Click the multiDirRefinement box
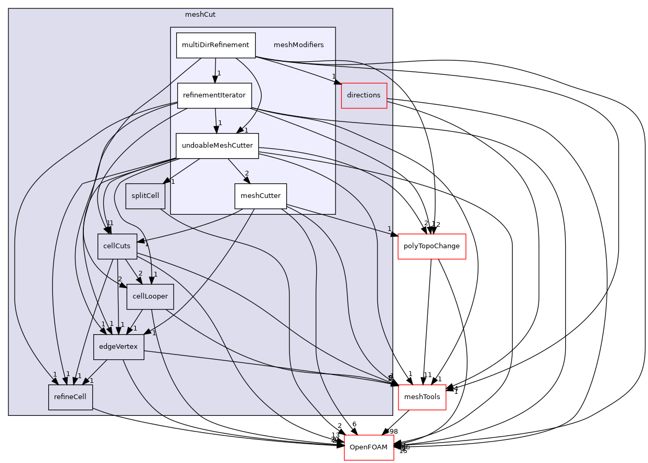coord(215,45)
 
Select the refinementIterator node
coord(214,95)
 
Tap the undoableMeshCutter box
coord(217,146)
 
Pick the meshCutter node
coord(260,196)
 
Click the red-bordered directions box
coord(364,95)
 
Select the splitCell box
coord(145,196)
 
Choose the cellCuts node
coord(117,246)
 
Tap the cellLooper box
coord(150,296)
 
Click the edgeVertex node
coord(118,347)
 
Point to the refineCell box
coord(70,397)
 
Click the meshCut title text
coord(200,15)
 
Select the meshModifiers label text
coord(298,45)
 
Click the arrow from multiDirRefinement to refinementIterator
coord(215,70)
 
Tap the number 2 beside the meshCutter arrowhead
coord(246,173)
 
